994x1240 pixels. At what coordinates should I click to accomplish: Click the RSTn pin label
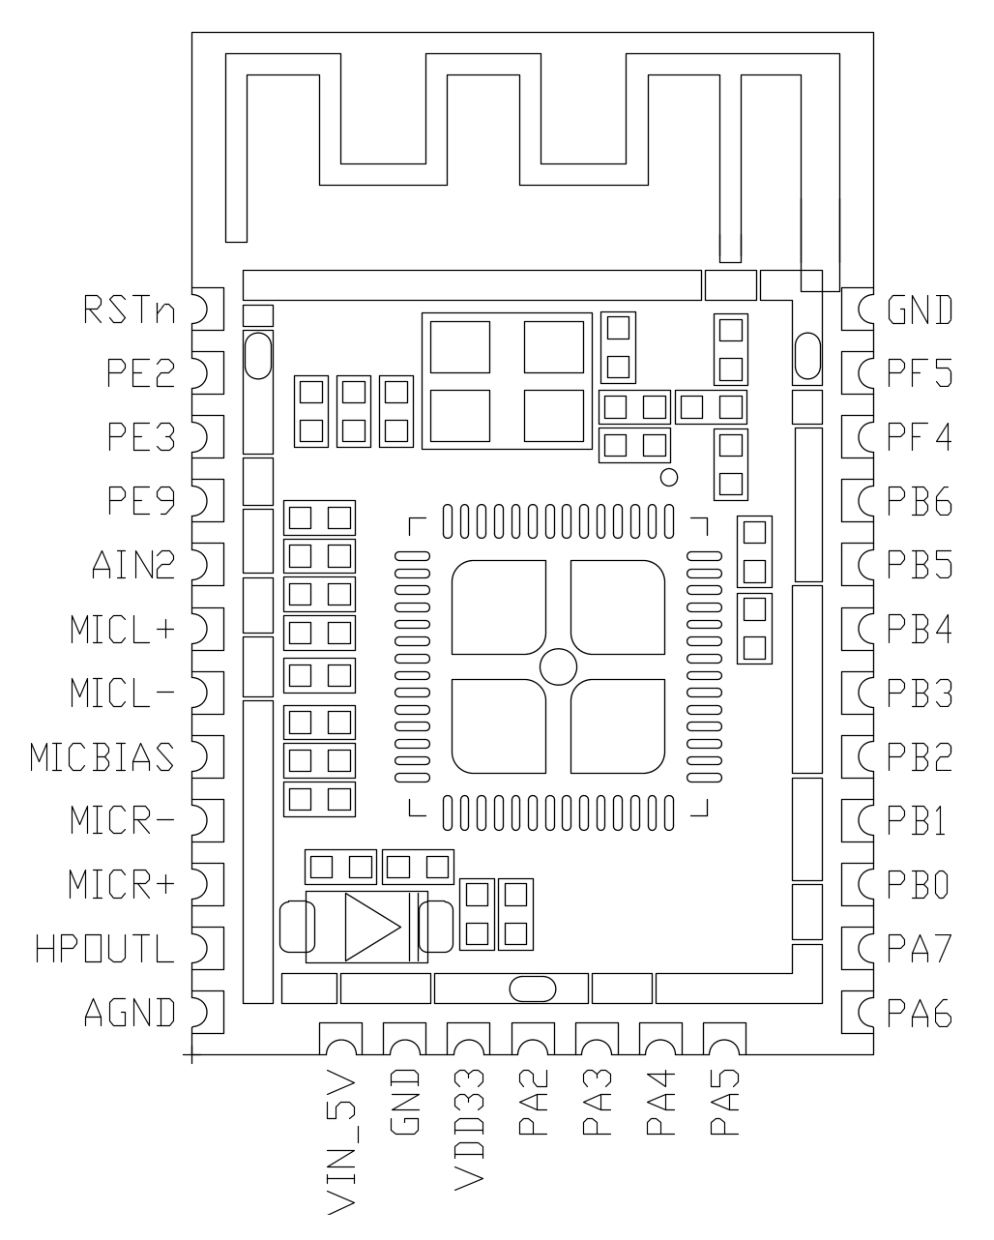pos(130,310)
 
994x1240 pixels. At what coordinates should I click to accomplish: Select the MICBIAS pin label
pos(102,757)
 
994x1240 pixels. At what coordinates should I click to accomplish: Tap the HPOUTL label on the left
pos(104,949)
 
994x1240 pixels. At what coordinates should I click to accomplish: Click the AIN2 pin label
pos(133,565)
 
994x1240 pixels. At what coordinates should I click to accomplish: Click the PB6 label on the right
pos(920,502)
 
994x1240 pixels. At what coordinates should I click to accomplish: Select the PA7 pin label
pos(920,949)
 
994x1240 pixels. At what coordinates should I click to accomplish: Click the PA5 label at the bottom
pos(724,1102)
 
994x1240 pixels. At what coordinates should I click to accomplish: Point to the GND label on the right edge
pos(920,310)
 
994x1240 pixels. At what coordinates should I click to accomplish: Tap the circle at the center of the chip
pos(558,665)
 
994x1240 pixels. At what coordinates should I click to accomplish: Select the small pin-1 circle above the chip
pos(668,477)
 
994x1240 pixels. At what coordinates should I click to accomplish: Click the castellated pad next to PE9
pos(208,500)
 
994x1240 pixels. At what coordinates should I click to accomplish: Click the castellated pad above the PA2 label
pos(532,1041)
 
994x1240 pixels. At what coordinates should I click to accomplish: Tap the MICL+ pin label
pos(123,630)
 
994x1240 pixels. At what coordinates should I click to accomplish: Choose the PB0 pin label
pos(920,885)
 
